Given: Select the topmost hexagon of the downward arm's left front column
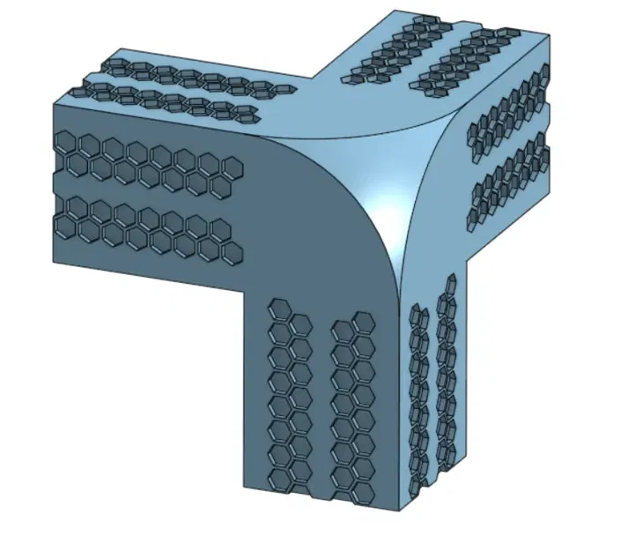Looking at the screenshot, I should pyautogui.click(x=279, y=308).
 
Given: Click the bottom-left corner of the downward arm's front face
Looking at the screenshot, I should pyautogui.click(x=243, y=486).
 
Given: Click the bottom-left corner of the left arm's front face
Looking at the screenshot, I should pyautogui.click(x=55, y=262).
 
